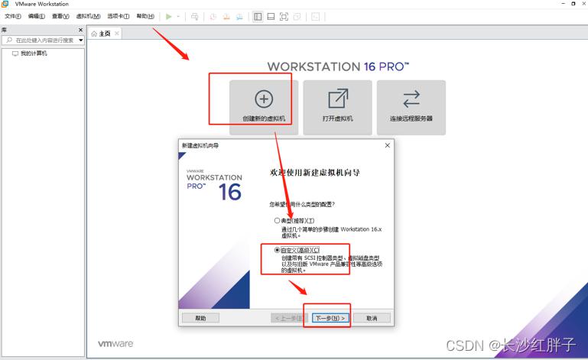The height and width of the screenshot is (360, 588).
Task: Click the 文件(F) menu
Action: pos(13,16)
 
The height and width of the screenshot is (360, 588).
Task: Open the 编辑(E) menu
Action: pos(37,16)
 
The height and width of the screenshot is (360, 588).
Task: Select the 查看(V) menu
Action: pos(60,16)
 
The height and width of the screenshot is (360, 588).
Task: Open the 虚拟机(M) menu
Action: pos(88,16)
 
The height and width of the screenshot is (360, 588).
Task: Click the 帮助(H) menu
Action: pos(145,16)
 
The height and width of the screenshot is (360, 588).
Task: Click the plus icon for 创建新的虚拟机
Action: pos(264,99)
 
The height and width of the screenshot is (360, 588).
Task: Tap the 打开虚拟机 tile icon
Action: pos(338,99)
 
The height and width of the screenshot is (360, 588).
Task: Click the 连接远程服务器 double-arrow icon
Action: pos(411,99)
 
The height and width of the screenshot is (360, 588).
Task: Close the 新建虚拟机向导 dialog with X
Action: pos(388,145)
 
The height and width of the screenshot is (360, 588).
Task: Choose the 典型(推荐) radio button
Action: pos(277,220)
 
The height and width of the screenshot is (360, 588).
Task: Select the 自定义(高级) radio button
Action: pos(277,250)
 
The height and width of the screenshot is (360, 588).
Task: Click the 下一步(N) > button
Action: pos(330,318)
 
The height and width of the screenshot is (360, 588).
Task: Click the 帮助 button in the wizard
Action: pos(200,318)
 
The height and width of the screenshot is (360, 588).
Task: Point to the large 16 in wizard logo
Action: pos(230,192)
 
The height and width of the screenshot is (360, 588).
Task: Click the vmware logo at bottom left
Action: pos(115,343)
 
